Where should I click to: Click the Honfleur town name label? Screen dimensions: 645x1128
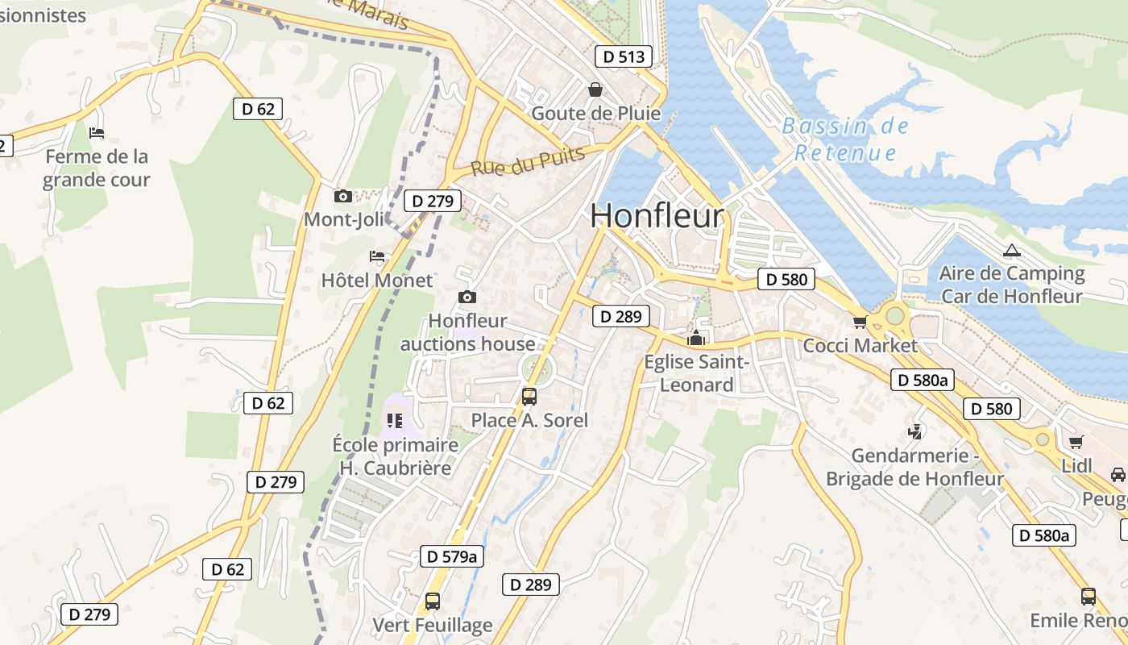coord(657,216)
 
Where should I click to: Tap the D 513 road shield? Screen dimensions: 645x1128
coord(623,56)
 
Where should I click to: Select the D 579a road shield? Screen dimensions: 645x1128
coord(452,556)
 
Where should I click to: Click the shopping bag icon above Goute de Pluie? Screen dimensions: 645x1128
coord(595,89)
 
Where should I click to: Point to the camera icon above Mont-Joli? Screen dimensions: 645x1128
coord(343,196)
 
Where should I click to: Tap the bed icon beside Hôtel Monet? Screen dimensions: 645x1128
coord(377,256)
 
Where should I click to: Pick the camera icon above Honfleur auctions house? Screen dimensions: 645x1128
coord(467,298)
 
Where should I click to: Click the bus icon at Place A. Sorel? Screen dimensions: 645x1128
coord(529,396)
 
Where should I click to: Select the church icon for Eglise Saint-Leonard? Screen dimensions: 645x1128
coord(696,338)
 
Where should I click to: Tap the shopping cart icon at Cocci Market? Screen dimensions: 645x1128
coord(860,322)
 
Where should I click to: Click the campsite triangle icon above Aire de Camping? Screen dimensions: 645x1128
coord(1011,250)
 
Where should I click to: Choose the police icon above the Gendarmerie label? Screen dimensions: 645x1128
coord(914,431)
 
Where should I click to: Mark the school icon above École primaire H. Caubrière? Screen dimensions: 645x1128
coord(394,420)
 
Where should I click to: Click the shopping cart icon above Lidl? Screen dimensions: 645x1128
coord(1076,442)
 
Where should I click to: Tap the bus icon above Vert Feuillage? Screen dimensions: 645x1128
coord(433,601)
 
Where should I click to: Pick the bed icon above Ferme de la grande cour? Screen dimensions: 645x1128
coord(97,132)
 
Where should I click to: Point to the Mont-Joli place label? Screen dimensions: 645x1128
coord(344,219)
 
